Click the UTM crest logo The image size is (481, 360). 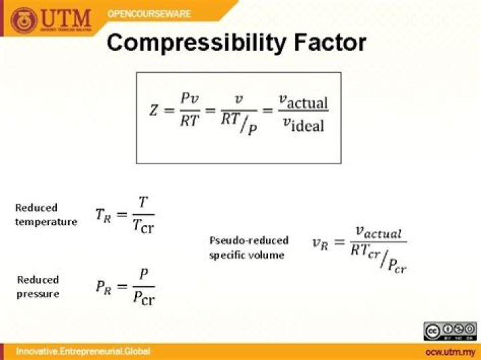[24, 21]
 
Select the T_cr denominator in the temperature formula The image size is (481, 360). [144, 226]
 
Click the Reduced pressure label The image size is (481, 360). [38, 287]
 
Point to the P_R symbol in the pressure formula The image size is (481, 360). [103, 287]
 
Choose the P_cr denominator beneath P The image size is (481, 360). [144, 299]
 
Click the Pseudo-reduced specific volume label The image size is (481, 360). [249, 247]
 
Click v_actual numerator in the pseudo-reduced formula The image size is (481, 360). [378, 232]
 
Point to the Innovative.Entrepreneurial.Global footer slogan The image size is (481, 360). [84, 351]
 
